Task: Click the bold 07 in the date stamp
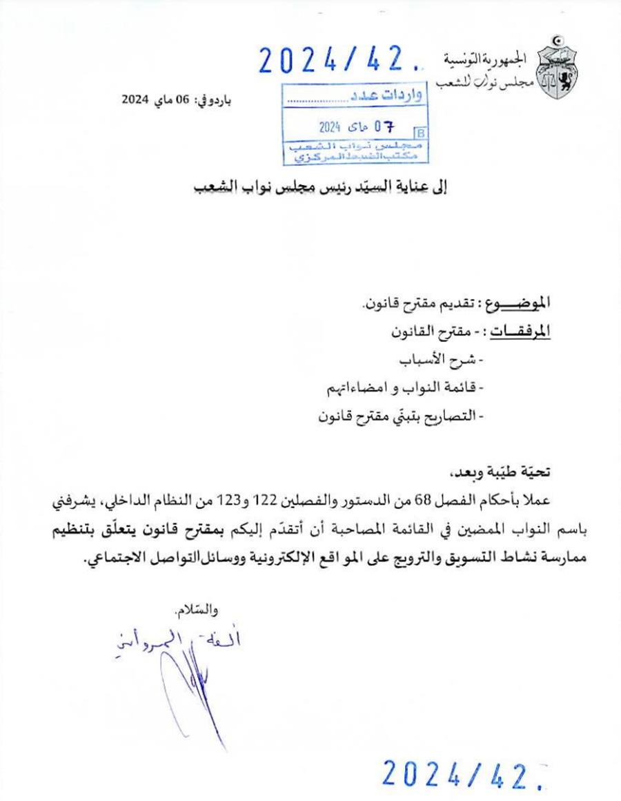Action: click(x=384, y=128)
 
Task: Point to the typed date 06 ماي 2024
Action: click(x=165, y=99)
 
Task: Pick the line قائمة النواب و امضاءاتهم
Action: click(x=407, y=389)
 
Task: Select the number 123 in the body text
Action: click(x=226, y=500)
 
